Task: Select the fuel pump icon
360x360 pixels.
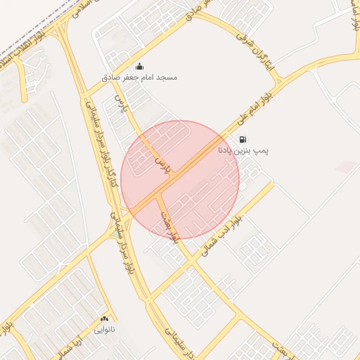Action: click(243, 139)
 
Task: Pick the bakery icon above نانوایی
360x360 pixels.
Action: click(105, 319)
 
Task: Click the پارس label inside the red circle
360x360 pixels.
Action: click(162, 166)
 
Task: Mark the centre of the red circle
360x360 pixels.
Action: click(180, 179)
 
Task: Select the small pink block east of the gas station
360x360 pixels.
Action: click(346, 167)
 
